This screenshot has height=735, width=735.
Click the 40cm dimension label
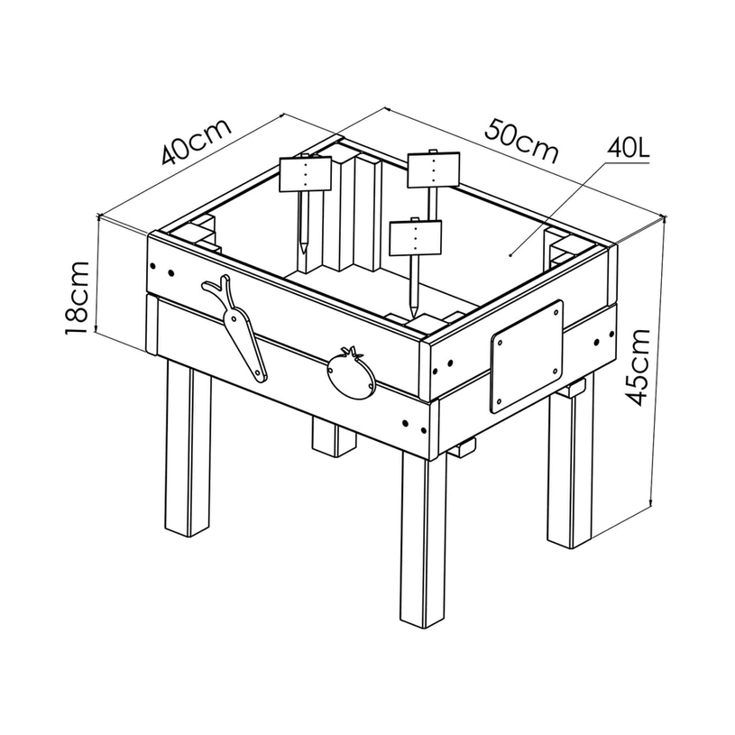[x=197, y=142]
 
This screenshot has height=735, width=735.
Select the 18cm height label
[x=77, y=299]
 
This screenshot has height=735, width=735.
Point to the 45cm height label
[x=639, y=368]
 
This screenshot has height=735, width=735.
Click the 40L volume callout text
[x=628, y=149]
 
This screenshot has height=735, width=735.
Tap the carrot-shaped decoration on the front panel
[x=235, y=327]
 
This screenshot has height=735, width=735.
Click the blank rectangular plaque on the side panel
[x=527, y=357]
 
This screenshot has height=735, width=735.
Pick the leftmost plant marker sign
[x=306, y=174]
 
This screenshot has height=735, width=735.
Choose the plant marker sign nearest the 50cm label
[x=434, y=170]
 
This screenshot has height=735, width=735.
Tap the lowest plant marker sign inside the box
[x=416, y=238]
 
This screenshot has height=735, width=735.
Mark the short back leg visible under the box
[x=334, y=436]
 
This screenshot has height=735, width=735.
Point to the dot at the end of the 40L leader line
[x=510, y=255]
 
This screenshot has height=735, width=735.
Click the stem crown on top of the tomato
[x=351, y=352]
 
